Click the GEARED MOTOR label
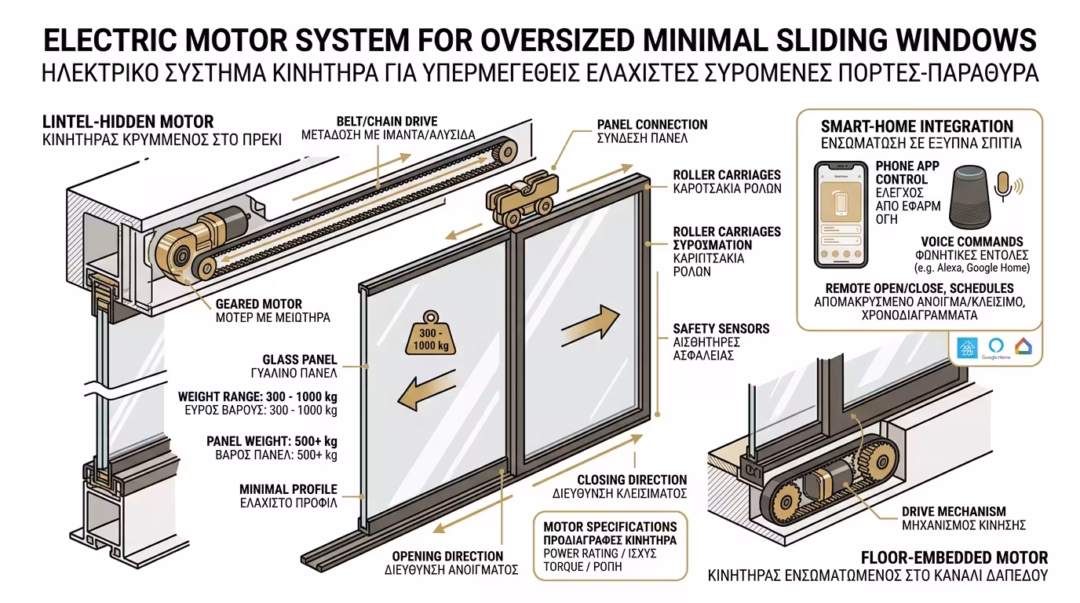click(258, 304)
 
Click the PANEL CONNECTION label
click(651, 125)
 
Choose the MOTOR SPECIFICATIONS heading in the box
click(610, 526)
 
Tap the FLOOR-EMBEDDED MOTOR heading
click(954, 557)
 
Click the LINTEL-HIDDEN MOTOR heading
click(128, 122)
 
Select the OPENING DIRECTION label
click(447, 556)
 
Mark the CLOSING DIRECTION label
click(632, 480)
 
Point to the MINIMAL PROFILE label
click(288, 489)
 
